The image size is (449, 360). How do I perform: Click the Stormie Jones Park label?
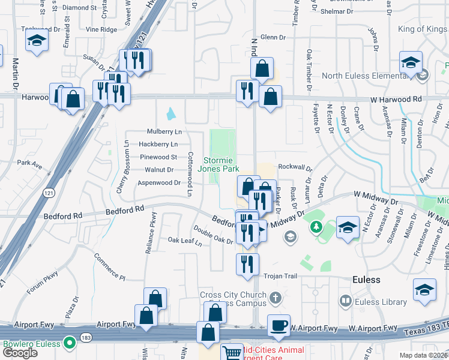tap(221, 165)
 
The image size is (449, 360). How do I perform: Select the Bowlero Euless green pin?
tap(70, 344)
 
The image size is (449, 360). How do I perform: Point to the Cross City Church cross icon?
tap(275, 298)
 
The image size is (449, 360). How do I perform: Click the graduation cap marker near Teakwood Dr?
tap(37, 41)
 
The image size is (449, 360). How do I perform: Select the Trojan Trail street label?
tap(280, 276)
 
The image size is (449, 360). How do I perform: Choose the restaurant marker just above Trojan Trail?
tap(247, 265)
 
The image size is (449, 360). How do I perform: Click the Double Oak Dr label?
tap(212, 235)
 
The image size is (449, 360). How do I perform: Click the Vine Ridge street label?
tap(101, 29)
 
